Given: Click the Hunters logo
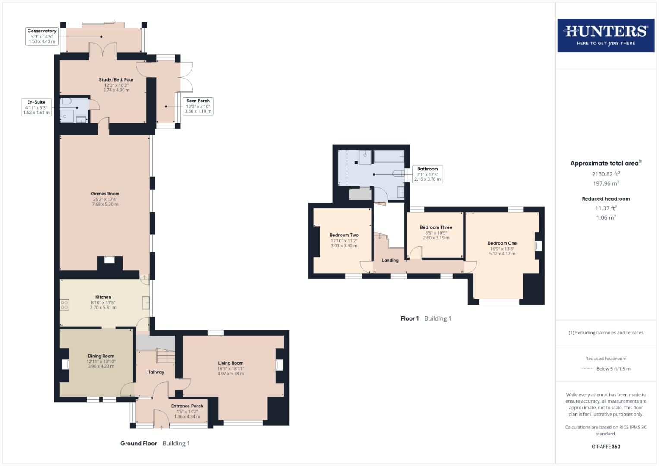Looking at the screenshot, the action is pyautogui.click(x=606, y=35).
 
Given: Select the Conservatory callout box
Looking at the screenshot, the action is pyautogui.click(x=42, y=36).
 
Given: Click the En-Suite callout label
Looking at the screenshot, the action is pyautogui.click(x=36, y=107).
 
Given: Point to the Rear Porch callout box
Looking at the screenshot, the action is pyautogui.click(x=198, y=106).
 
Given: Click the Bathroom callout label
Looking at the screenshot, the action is pyautogui.click(x=428, y=174).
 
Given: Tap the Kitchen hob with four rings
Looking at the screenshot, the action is pyautogui.click(x=64, y=305).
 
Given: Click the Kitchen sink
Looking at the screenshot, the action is pyautogui.click(x=145, y=303).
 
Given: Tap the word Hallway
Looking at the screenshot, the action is pyautogui.click(x=156, y=372).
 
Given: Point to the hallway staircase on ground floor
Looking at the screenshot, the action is pyautogui.click(x=166, y=356).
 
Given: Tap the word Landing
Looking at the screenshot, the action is pyautogui.click(x=390, y=260).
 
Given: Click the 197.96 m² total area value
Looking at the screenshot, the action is pyautogui.click(x=606, y=183).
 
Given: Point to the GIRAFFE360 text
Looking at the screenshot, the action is pyautogui.click(x=606, y=447).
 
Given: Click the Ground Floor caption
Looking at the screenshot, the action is pyautogui.click(x=139, y=444).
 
